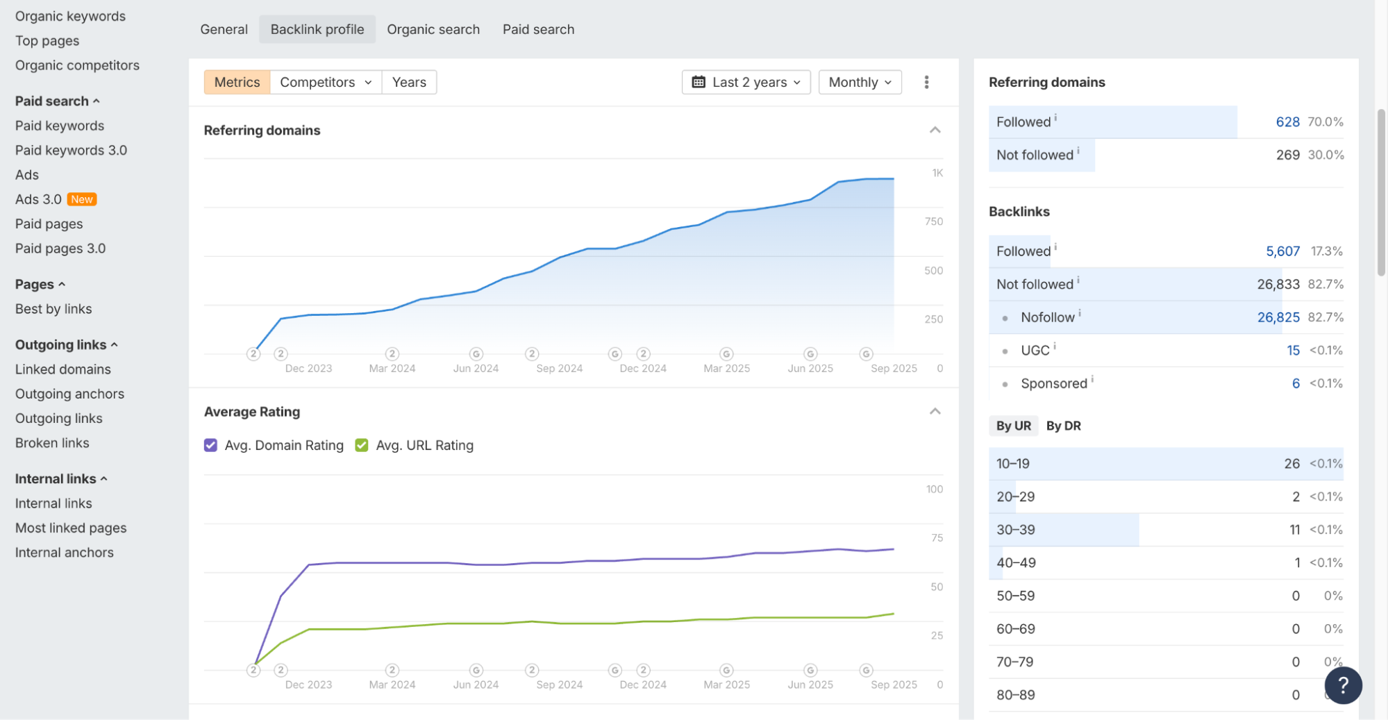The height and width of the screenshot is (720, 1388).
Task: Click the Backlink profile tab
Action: [x=317, y=29]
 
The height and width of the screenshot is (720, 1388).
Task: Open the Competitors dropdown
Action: [x=325, y=82]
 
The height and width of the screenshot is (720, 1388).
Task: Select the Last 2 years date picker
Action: [x=746, y=82]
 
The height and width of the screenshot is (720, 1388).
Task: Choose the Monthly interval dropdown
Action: [x=860, y=82]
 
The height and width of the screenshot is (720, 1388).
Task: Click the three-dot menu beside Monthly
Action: [x=926, y=82]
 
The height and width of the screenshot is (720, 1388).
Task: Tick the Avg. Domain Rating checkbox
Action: [x=210, y=445]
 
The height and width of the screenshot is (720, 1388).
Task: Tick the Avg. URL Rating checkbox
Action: [x=362, y=445]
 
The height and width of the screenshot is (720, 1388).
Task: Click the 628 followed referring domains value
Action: [x=1287, y=122]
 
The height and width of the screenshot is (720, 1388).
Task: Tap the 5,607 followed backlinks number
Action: [x=1282, y=251]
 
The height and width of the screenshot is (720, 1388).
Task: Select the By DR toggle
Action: [x=1063, y=426]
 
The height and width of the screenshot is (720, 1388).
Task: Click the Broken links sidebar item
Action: [x=52, y=442]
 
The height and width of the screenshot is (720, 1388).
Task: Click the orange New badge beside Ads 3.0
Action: [x=82, y=199]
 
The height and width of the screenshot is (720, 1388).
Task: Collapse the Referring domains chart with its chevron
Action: [x=935, y=130]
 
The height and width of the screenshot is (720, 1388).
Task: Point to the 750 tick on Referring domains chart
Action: [x=933, y=221]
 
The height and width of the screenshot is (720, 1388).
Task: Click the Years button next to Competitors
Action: [x=409, y=82]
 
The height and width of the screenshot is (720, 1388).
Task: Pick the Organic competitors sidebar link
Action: [x=77, y=65]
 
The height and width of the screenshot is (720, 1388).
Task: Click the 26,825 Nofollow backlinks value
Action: [x=1278, y=317]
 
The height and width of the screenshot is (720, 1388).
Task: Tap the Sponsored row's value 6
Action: [x=1296, y=383]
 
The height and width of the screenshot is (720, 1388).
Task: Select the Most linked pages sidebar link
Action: [x=71, y=528]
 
